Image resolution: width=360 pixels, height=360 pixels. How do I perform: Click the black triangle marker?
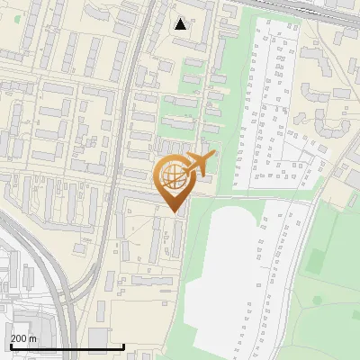[x=181, y=23]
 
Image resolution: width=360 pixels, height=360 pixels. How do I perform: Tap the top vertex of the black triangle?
[x=181, y=18]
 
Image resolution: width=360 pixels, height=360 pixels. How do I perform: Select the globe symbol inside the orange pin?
[x=171, y=175]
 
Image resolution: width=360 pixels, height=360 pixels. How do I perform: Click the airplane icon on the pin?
[x=199, y=164]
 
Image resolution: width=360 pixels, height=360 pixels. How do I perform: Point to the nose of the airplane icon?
[x=214, y=156]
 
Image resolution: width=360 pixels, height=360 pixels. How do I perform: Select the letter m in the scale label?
[x=33, y=338]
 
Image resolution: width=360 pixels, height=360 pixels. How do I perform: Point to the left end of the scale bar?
[x=10, y=347]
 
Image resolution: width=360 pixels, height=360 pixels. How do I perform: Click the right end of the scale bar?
[x=123, y=347]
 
